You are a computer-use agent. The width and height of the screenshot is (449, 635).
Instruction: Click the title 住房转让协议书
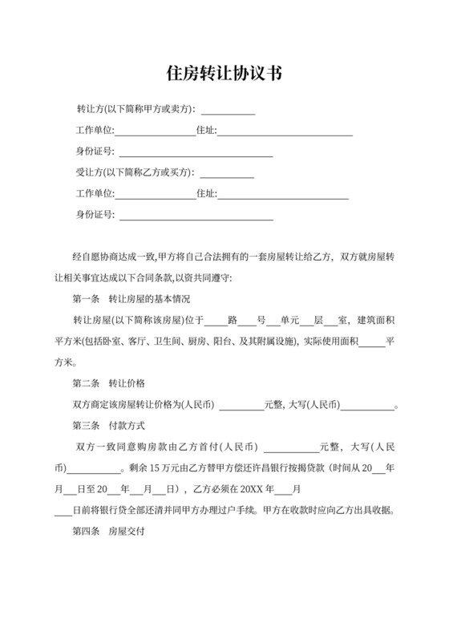coord(224,74)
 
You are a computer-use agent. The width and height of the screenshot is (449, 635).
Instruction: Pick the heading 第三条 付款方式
coord(108,425)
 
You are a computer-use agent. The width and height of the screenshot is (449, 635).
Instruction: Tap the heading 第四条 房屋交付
coord(108,531)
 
